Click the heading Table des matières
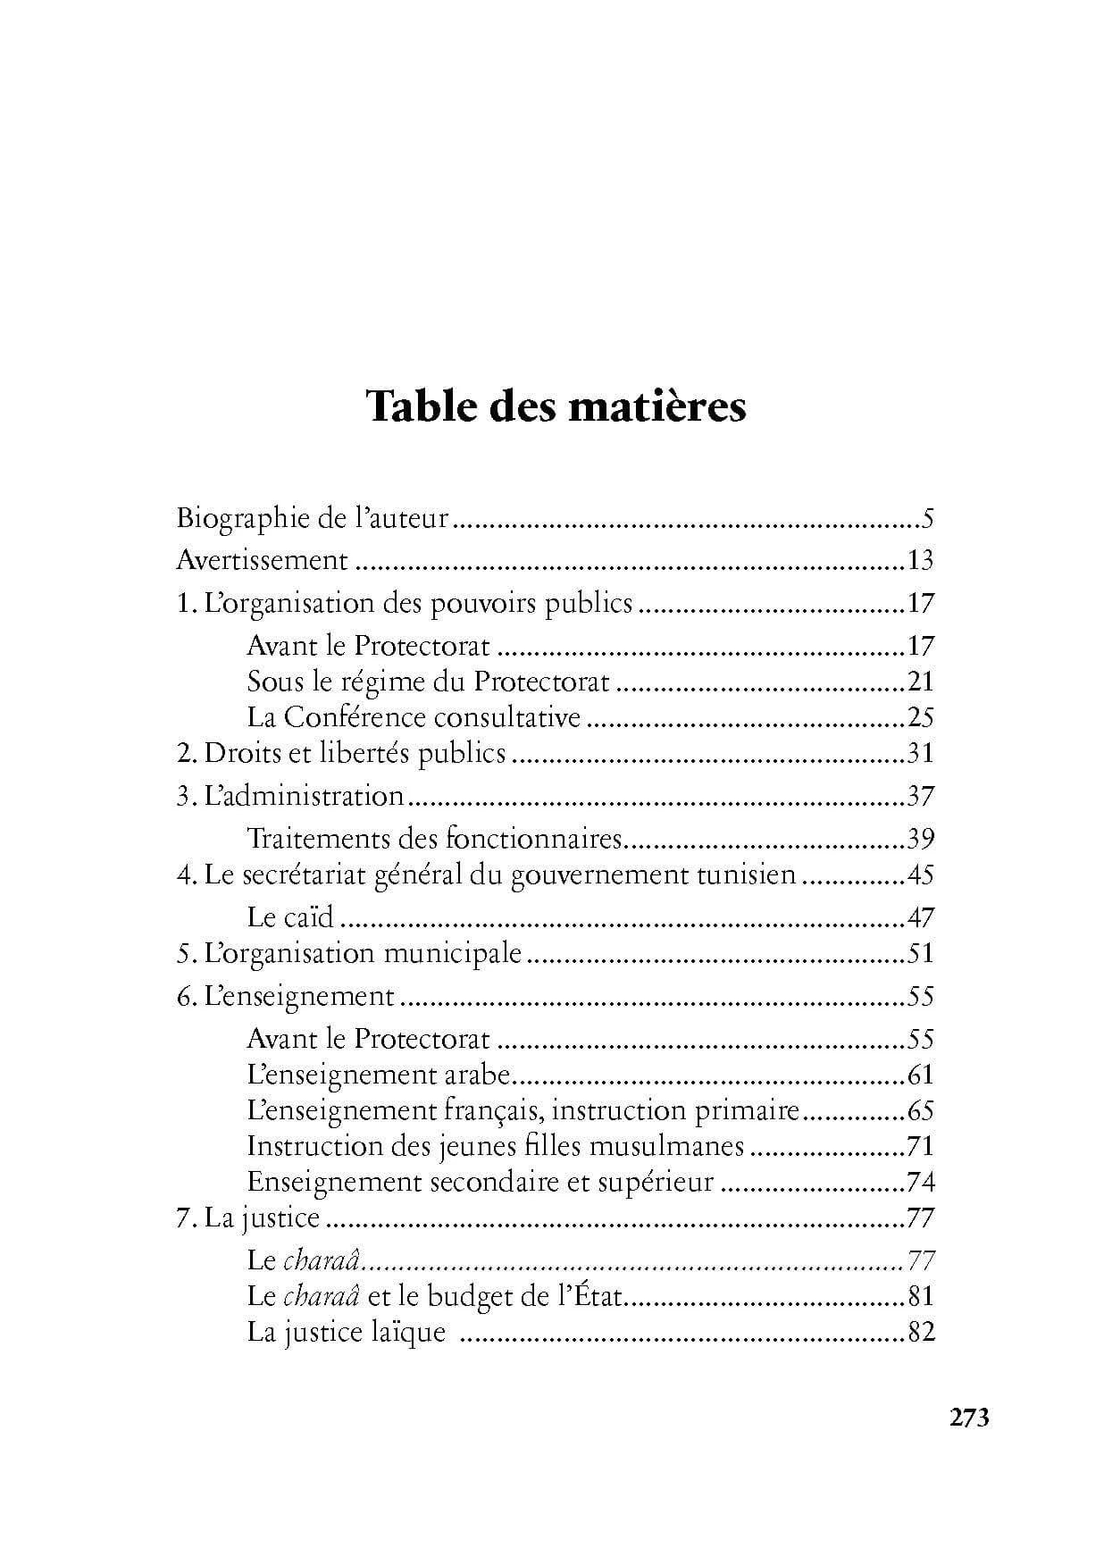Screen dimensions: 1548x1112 coord(556,407)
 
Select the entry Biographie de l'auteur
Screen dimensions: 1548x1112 coord(312,518)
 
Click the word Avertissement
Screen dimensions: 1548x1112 coord(262,560)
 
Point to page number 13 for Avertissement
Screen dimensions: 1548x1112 coord(919,560)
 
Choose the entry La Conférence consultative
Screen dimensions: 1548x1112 coord(414,717)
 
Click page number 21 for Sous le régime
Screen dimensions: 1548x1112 coord(920,682)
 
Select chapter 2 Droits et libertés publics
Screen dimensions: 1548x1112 coord(341,753)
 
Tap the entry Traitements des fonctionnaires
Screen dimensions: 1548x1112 coord(433,839)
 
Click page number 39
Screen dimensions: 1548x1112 coord(920,839)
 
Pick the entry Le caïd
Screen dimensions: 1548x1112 coord(290,917)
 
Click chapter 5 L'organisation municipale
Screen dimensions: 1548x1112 coord(349,953)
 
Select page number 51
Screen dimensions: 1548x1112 coord(920,953)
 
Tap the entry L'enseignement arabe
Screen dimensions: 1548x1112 coord(378,1075)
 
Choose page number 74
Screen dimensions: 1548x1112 coord(920,1182)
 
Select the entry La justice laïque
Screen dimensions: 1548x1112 coord(346,1332)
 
